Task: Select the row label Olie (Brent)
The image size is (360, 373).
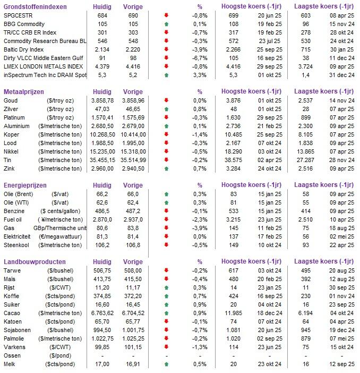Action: click(x=20, y=194)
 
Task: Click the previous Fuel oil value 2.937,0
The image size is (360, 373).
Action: click(x=131, y=220)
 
